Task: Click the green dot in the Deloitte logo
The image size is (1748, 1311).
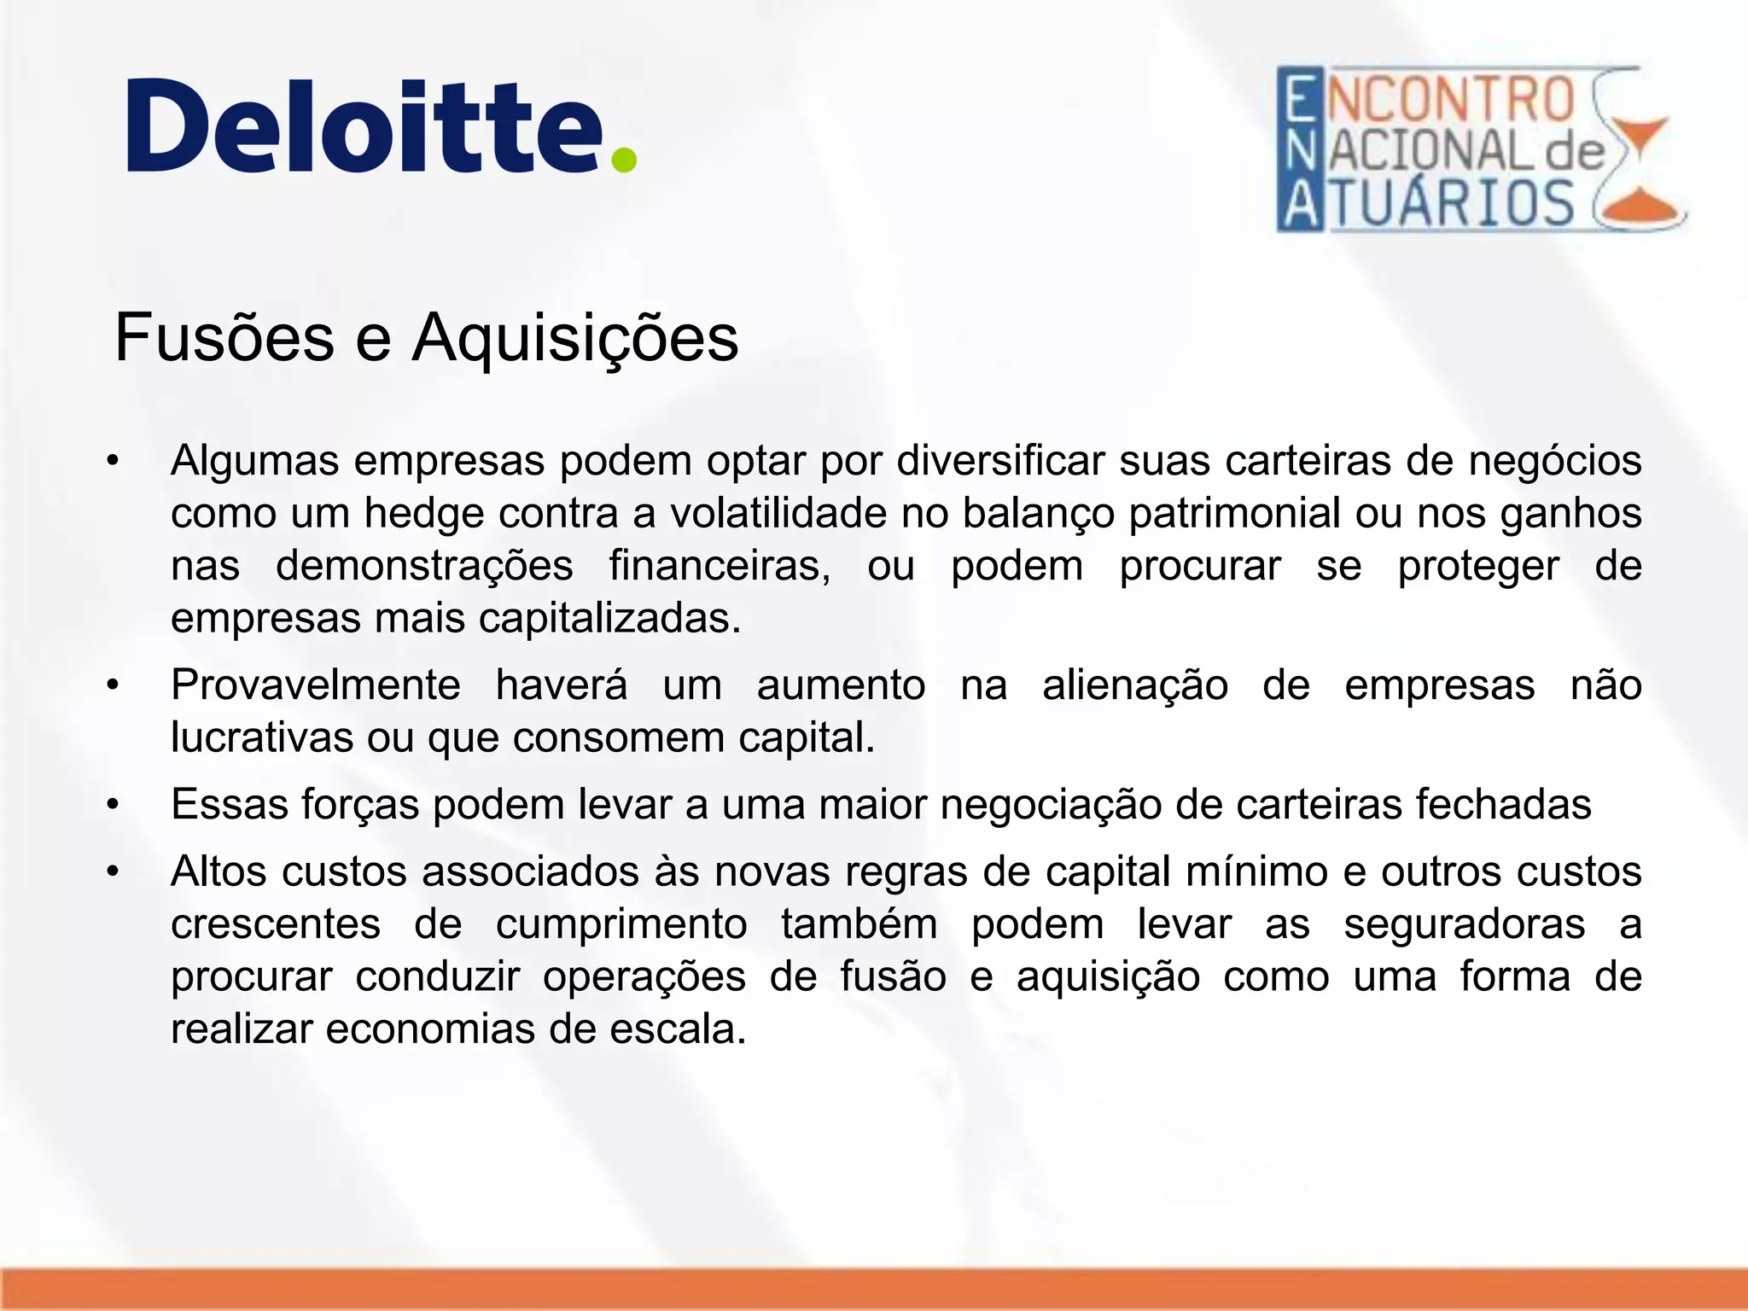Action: [x=624, y=160]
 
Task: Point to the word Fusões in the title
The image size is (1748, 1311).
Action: [x=224, y=338]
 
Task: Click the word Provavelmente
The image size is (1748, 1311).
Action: [x=316, y=685]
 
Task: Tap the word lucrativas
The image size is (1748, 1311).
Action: [x=262, y=737]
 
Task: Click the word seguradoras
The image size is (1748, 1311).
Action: [x=1465, y=924]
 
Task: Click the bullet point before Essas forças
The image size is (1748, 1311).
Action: [x=113, y=805]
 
